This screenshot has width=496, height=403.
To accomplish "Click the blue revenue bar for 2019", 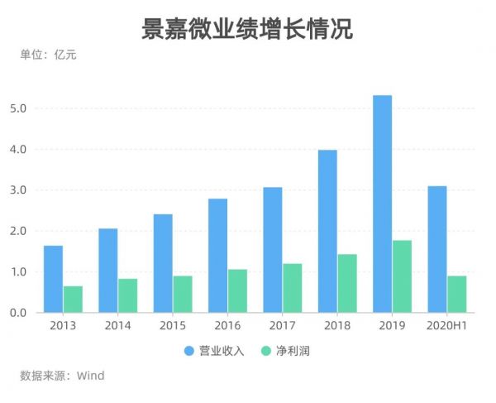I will tap(382, 204).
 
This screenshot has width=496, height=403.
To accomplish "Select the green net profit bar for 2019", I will tap(402, 276).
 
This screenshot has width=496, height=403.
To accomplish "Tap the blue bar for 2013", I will tap(53, 279).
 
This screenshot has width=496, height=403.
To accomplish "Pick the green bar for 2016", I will tap(237, 290).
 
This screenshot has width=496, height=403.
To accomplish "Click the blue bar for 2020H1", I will tap(437, 249).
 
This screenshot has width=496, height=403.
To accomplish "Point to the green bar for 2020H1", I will tap(457, 294).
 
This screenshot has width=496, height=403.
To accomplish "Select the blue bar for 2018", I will tap(327, 231).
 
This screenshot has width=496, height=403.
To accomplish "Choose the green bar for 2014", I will tap(127, 295).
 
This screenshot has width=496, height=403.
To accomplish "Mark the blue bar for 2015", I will tap(163, 263).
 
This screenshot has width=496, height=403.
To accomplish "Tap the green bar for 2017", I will tap(292, 288).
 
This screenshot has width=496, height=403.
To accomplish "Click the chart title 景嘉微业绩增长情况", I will tap(247, 29).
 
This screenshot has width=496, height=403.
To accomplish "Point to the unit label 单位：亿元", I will tap(48, 55).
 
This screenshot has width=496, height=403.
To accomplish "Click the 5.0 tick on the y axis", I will tap(19, 108).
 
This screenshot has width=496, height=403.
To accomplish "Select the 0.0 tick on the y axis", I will tap(19, 313).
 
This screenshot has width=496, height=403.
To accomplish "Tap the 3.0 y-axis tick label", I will tap(19, 190).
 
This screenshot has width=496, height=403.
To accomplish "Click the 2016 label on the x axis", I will tap(228, 325).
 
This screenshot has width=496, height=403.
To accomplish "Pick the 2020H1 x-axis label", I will tap(447, 325).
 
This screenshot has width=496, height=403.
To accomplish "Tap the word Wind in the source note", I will tap(90, 376).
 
